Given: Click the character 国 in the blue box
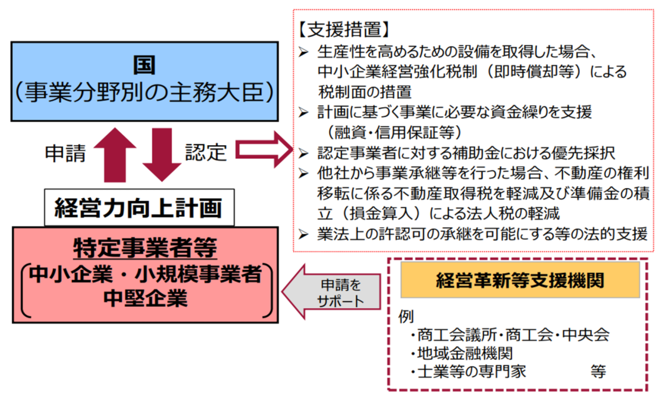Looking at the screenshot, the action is (x=144, y=65).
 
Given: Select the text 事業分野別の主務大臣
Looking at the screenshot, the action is (x=145, y=92).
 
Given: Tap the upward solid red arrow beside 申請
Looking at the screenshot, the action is (x=115, y=155).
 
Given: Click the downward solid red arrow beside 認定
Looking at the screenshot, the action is (x=162, y=155).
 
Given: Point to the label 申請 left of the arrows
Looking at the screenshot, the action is (x=66, y=154).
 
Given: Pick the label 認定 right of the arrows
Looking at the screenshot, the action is (x=206, y=153).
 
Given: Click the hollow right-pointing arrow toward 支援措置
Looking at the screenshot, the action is (x=264, y=150).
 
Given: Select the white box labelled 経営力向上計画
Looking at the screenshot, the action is (x=139, y=207).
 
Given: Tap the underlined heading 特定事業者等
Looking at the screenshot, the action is (x=145, y=248).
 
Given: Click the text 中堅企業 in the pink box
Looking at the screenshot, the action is (x=145, y=298).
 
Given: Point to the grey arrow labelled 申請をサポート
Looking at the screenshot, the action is (x=331, y=292).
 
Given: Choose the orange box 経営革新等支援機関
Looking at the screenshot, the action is (x=520, y=280).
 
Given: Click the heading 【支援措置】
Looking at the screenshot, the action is (x=344, y=29).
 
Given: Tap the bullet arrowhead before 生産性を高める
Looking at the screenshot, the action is (x=304, y=52).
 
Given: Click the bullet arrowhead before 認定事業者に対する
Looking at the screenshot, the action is (x=304, y=154).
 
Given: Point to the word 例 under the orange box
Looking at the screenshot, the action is (x=406, y=316).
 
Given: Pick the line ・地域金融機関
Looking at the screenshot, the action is (x=462, y=353).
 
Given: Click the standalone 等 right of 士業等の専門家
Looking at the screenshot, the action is (x=598, y=372).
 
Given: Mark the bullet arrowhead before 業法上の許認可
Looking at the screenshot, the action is (x=304, y=234).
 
